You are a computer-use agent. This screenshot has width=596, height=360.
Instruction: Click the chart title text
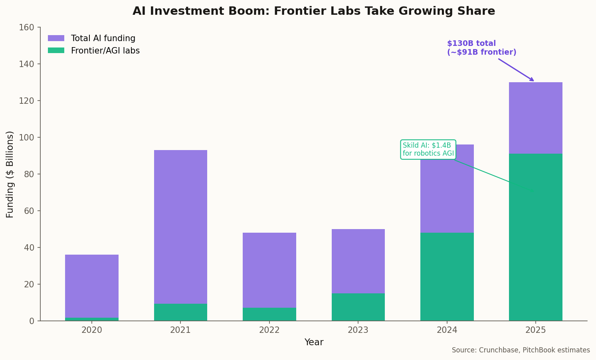(x=313, y=11)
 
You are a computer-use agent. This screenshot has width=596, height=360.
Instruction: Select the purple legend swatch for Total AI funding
(x=56, y=38)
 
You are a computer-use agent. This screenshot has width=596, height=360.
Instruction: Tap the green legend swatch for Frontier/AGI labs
(x=56, y=51)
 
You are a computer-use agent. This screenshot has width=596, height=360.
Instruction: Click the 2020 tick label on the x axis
(x=91, y=330)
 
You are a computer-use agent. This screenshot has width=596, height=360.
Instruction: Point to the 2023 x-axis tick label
(x=358, y=330)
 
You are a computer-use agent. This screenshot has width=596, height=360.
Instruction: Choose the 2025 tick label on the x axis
(x=535, y=330)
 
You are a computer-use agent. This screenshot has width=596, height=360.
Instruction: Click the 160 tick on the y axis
(x=26, y=28)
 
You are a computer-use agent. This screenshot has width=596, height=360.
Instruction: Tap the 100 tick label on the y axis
(x=26, y=138)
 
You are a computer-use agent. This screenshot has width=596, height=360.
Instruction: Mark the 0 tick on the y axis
(x=32, y=321)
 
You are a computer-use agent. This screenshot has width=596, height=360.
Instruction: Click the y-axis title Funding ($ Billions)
(x=10, y=174)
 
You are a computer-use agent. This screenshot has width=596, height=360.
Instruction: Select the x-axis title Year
(x=314, y=342)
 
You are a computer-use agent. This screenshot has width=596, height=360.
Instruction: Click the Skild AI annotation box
(x=428, y=150)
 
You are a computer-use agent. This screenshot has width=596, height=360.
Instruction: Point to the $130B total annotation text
(x=481, y=48)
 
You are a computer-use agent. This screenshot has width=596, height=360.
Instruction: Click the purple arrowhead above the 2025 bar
(x=532, y=79)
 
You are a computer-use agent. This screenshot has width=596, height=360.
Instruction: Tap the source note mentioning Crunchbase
(x=521, y=350)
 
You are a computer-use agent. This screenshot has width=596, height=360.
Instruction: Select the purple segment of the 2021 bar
(x=180, y=227)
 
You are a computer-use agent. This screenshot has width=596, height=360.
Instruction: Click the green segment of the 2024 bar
(x=447, y=277)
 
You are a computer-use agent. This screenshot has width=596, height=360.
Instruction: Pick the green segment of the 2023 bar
(x=358, y=307)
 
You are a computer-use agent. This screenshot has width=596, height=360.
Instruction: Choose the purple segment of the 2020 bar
(x=91, y=286)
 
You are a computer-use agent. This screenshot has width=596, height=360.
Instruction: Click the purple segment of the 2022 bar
(x=269, y=270)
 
